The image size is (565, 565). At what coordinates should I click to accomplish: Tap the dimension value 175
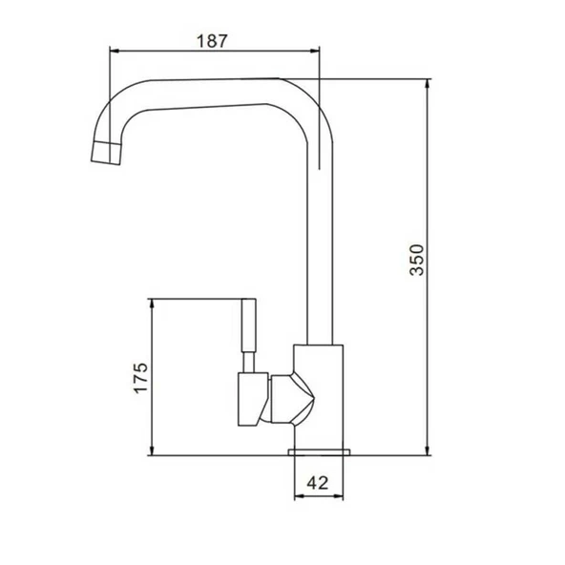point(140,378)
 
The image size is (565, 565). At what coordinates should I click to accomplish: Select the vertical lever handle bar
point(249,324)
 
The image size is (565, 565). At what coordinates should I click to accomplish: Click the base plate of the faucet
point(319,449)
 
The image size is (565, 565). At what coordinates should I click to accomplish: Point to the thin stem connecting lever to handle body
point(248,363)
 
